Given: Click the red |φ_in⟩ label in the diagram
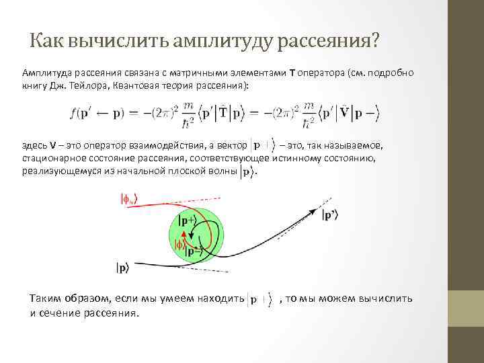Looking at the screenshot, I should [x=128, y=199].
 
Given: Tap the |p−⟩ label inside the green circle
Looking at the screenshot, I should [x=190, y=252].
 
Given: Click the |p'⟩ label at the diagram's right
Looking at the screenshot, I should [x=334, y=215].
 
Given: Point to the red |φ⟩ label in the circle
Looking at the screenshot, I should [x=179, y=245].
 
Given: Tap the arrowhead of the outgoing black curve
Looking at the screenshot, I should [x=312, y=210].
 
